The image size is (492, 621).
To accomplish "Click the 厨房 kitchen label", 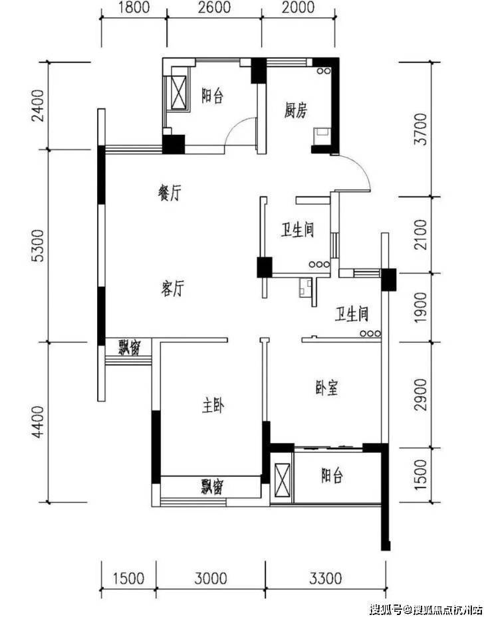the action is (296, 110).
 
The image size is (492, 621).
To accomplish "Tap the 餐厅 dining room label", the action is (170, 193).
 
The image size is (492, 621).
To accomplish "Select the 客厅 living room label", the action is (173, 288).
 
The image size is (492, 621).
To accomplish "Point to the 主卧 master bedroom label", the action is (213, 406).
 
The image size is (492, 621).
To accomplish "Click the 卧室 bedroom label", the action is (327, 388).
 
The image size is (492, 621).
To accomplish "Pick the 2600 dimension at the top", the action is (214, 7).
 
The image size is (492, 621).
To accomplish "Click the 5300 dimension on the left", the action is (39, 246).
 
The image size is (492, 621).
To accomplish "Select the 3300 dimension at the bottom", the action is (326, 578).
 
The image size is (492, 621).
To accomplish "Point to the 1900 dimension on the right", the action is (421, 308).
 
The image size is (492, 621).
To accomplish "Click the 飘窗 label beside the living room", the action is (129, 347).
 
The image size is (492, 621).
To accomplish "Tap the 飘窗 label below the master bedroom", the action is (211, 486).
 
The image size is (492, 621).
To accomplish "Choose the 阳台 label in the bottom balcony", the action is (332, 475).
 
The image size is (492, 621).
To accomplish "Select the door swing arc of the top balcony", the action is (234, 126).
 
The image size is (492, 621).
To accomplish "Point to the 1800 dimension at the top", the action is (134, 7).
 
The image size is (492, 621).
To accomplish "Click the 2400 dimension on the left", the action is (39, 106).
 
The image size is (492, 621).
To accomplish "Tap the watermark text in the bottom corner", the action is (426, 609).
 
